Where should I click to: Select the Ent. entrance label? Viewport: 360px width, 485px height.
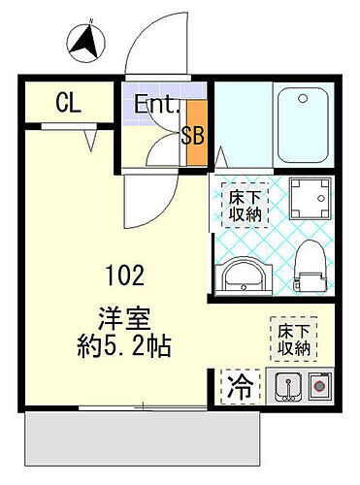tap(155, 104)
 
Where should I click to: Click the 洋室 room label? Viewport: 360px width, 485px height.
tap(120, 317)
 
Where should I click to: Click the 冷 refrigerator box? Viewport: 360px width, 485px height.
tap(239, 389)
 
